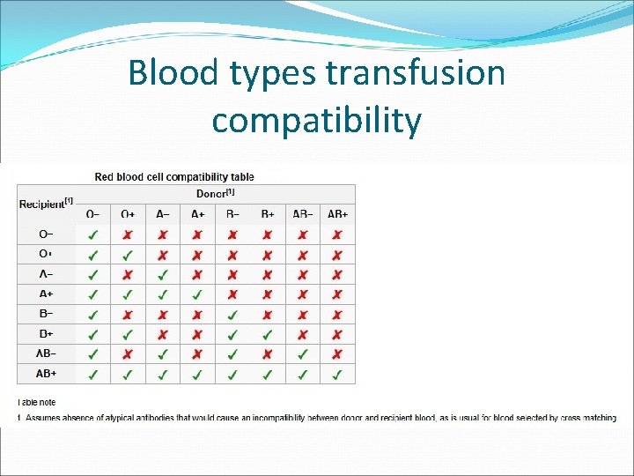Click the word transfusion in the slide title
(x=415, y=72)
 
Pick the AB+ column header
(x=337, y=214)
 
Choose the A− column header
(x=163, y=214)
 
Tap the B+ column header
(x=268, y=214)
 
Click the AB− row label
(x=47, y=353)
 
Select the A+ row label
(x=47, y=294)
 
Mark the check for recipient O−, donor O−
(x=93, y=235)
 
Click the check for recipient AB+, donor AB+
(x=337, y=374)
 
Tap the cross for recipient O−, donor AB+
(x=337, y=235)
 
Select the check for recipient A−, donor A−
(x=163, y=275)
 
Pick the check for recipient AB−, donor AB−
(x=302, y=353)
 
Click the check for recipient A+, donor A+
(x=197, y=294)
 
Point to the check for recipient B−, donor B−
(x=232, y=315)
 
